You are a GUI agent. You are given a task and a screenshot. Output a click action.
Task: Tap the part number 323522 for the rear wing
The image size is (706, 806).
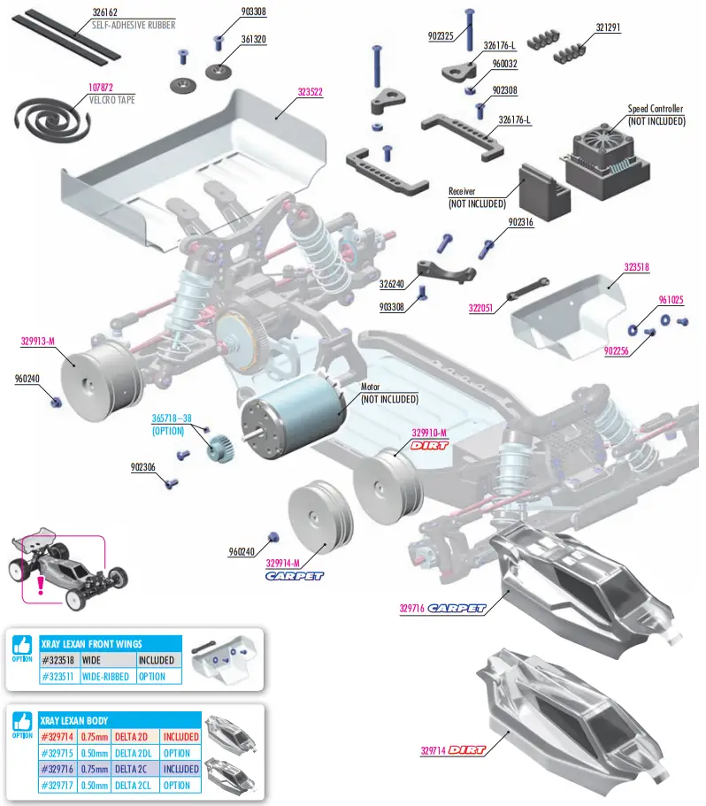310,92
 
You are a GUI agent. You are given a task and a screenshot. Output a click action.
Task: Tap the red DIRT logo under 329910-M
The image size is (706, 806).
430,445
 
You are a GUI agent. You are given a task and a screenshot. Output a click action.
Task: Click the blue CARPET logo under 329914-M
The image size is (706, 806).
295,576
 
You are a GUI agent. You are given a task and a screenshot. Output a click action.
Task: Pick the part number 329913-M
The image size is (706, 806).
38,340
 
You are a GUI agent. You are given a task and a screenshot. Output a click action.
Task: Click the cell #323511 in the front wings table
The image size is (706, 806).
60,677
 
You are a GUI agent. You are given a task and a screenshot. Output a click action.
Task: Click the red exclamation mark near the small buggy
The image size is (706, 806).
40,585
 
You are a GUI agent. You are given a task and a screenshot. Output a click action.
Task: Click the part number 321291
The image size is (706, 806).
608,27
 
